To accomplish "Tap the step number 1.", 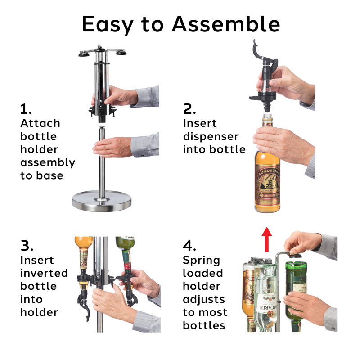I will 26,109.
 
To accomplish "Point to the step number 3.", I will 27,246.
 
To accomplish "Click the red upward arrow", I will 267,238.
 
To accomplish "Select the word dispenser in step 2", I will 211,136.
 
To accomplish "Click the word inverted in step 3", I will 44,273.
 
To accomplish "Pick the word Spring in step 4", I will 201,261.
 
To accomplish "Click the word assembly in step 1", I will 47,162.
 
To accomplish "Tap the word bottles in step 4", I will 203,325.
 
